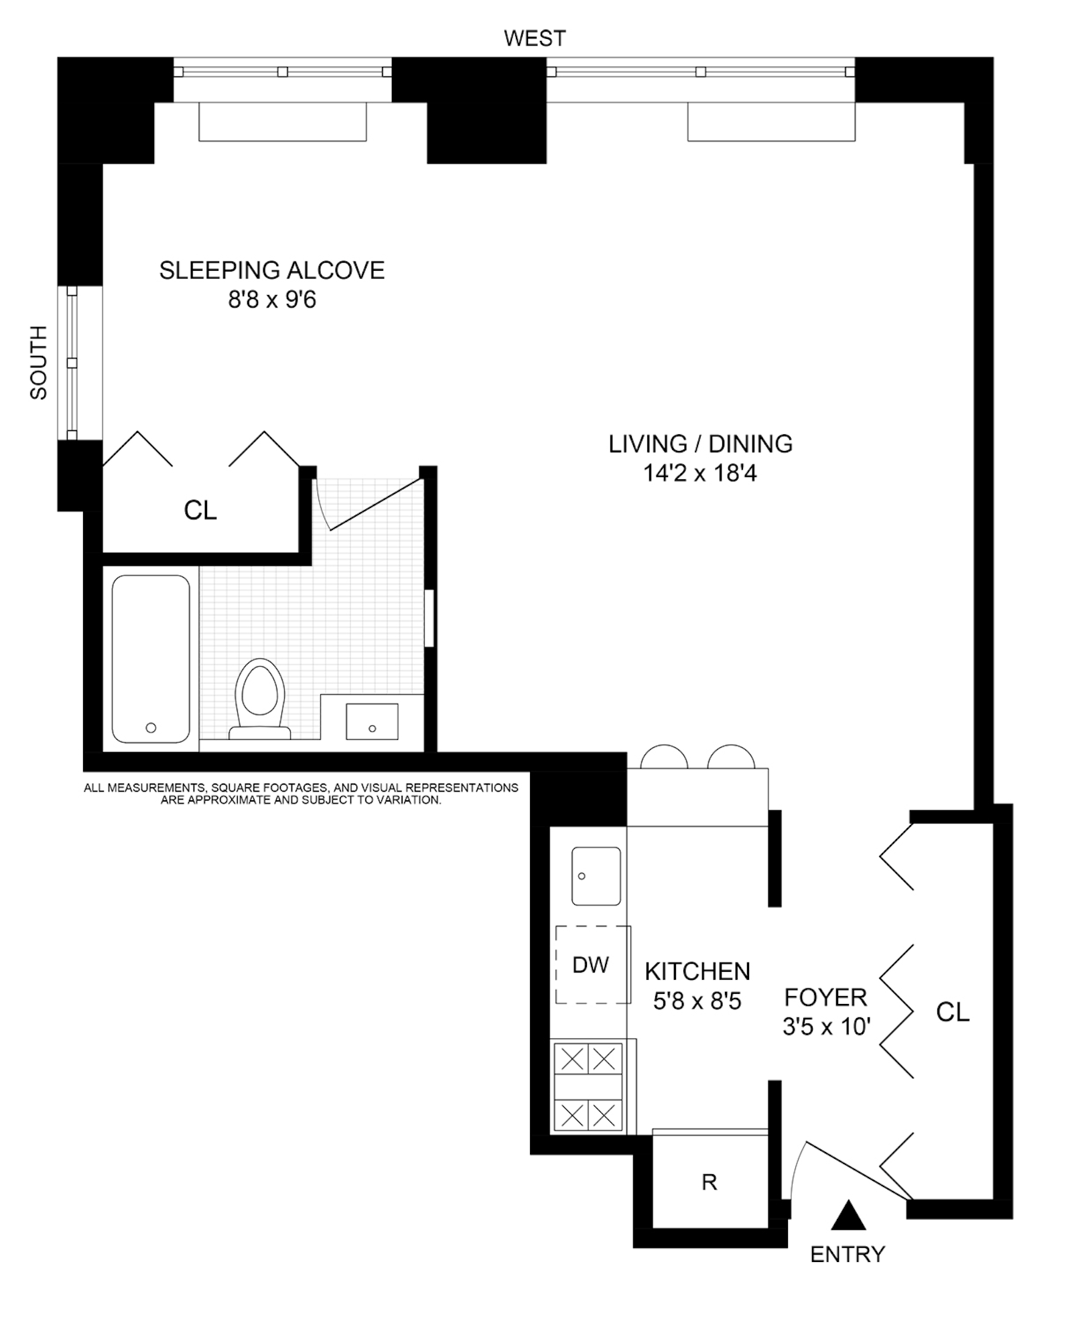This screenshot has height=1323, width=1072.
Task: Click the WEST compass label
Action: pyautogui.click(x=534, y=38)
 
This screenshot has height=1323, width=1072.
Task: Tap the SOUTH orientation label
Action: pyautogui.click(x=39, y=363)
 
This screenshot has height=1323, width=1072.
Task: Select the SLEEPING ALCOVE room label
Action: pyautogui.click(x=271, y=270)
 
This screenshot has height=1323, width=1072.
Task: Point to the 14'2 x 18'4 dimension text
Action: pyautogui.click(x=699, y=474)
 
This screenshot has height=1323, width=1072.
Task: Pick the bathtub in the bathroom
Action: pyautogui.click(x=151, y=658)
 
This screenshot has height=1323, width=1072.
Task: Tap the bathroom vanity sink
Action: pyautogui.click(x=372, y=721)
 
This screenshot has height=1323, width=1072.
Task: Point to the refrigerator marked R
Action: pyautogui.click(x=709, y=1182)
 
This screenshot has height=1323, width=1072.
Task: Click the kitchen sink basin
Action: pyautogui.click(x=596, y=875)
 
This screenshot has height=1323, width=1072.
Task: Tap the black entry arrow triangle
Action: pyautogui.click(x=848, y=1215)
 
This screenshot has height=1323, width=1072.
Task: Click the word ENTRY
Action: pyautogui.click(x=848, y=1254)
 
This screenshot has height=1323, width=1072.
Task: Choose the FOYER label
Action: pyautogui.click(x=825, y=997)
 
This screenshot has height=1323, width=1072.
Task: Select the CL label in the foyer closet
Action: pyautogui.click(x=952, y=1012)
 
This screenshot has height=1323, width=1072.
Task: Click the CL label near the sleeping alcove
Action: pyautogui.click(x=200, y=511)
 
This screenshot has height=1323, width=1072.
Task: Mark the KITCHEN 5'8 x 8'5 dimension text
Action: pyautogui.click(x=697, y=1001)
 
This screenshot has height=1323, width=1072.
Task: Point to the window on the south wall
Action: pyautogui.click(x=72, y=363)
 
